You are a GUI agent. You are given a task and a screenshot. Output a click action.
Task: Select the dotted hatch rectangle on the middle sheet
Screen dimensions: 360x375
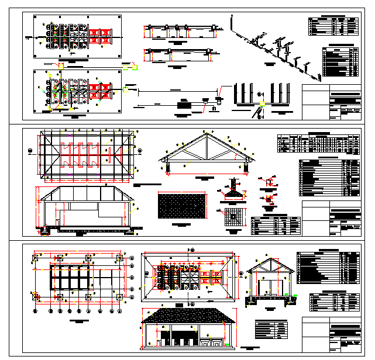pyautogui.click(x=183, y=207)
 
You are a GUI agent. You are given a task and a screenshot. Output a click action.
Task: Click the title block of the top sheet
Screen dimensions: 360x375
pyautogui.click(x=332, y=102)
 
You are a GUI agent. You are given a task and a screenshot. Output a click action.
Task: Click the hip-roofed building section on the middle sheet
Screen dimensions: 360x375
pyautogui.click(x=87, y=210)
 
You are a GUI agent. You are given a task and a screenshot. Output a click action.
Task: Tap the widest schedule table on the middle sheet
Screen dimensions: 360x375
pyautogui.click(x=318, y=144)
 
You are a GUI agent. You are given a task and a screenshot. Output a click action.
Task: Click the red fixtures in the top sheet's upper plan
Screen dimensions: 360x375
pyautogui.click(x=99, y=36)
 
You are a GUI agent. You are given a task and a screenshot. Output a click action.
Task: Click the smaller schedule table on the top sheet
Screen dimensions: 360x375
pyautogui.click(x=333, y=26)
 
